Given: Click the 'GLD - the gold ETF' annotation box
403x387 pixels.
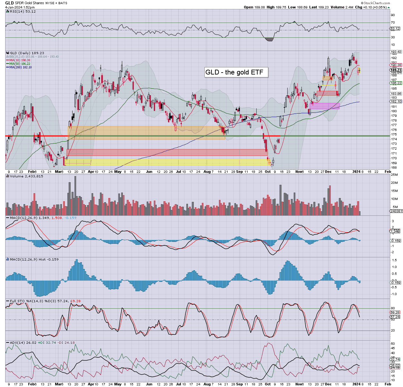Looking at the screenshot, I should tap(236, 72).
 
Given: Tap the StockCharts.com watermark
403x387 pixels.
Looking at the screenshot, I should tap(377, 3).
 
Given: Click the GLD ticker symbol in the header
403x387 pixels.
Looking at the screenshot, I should tap(9, 3).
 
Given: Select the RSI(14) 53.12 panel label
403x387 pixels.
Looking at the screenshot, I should tap(23, 11).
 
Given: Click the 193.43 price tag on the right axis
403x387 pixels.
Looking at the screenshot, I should tap(396, 52).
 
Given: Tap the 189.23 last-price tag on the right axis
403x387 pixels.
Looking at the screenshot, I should tap(396, 70).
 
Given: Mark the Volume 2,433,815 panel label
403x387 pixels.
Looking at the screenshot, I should tap(26, 176).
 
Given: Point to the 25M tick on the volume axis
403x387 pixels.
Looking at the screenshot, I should tap(394, 175).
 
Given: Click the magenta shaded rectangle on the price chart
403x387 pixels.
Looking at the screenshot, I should tap(324, 106).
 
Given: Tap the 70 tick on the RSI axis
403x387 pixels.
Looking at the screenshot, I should tap(393, 23).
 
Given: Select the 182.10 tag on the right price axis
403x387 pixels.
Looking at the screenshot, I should tap(396, 102).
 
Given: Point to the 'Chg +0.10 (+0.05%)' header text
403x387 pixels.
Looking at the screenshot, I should tap(372, 7).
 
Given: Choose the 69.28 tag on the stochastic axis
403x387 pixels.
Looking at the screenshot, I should tap(395, 313).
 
